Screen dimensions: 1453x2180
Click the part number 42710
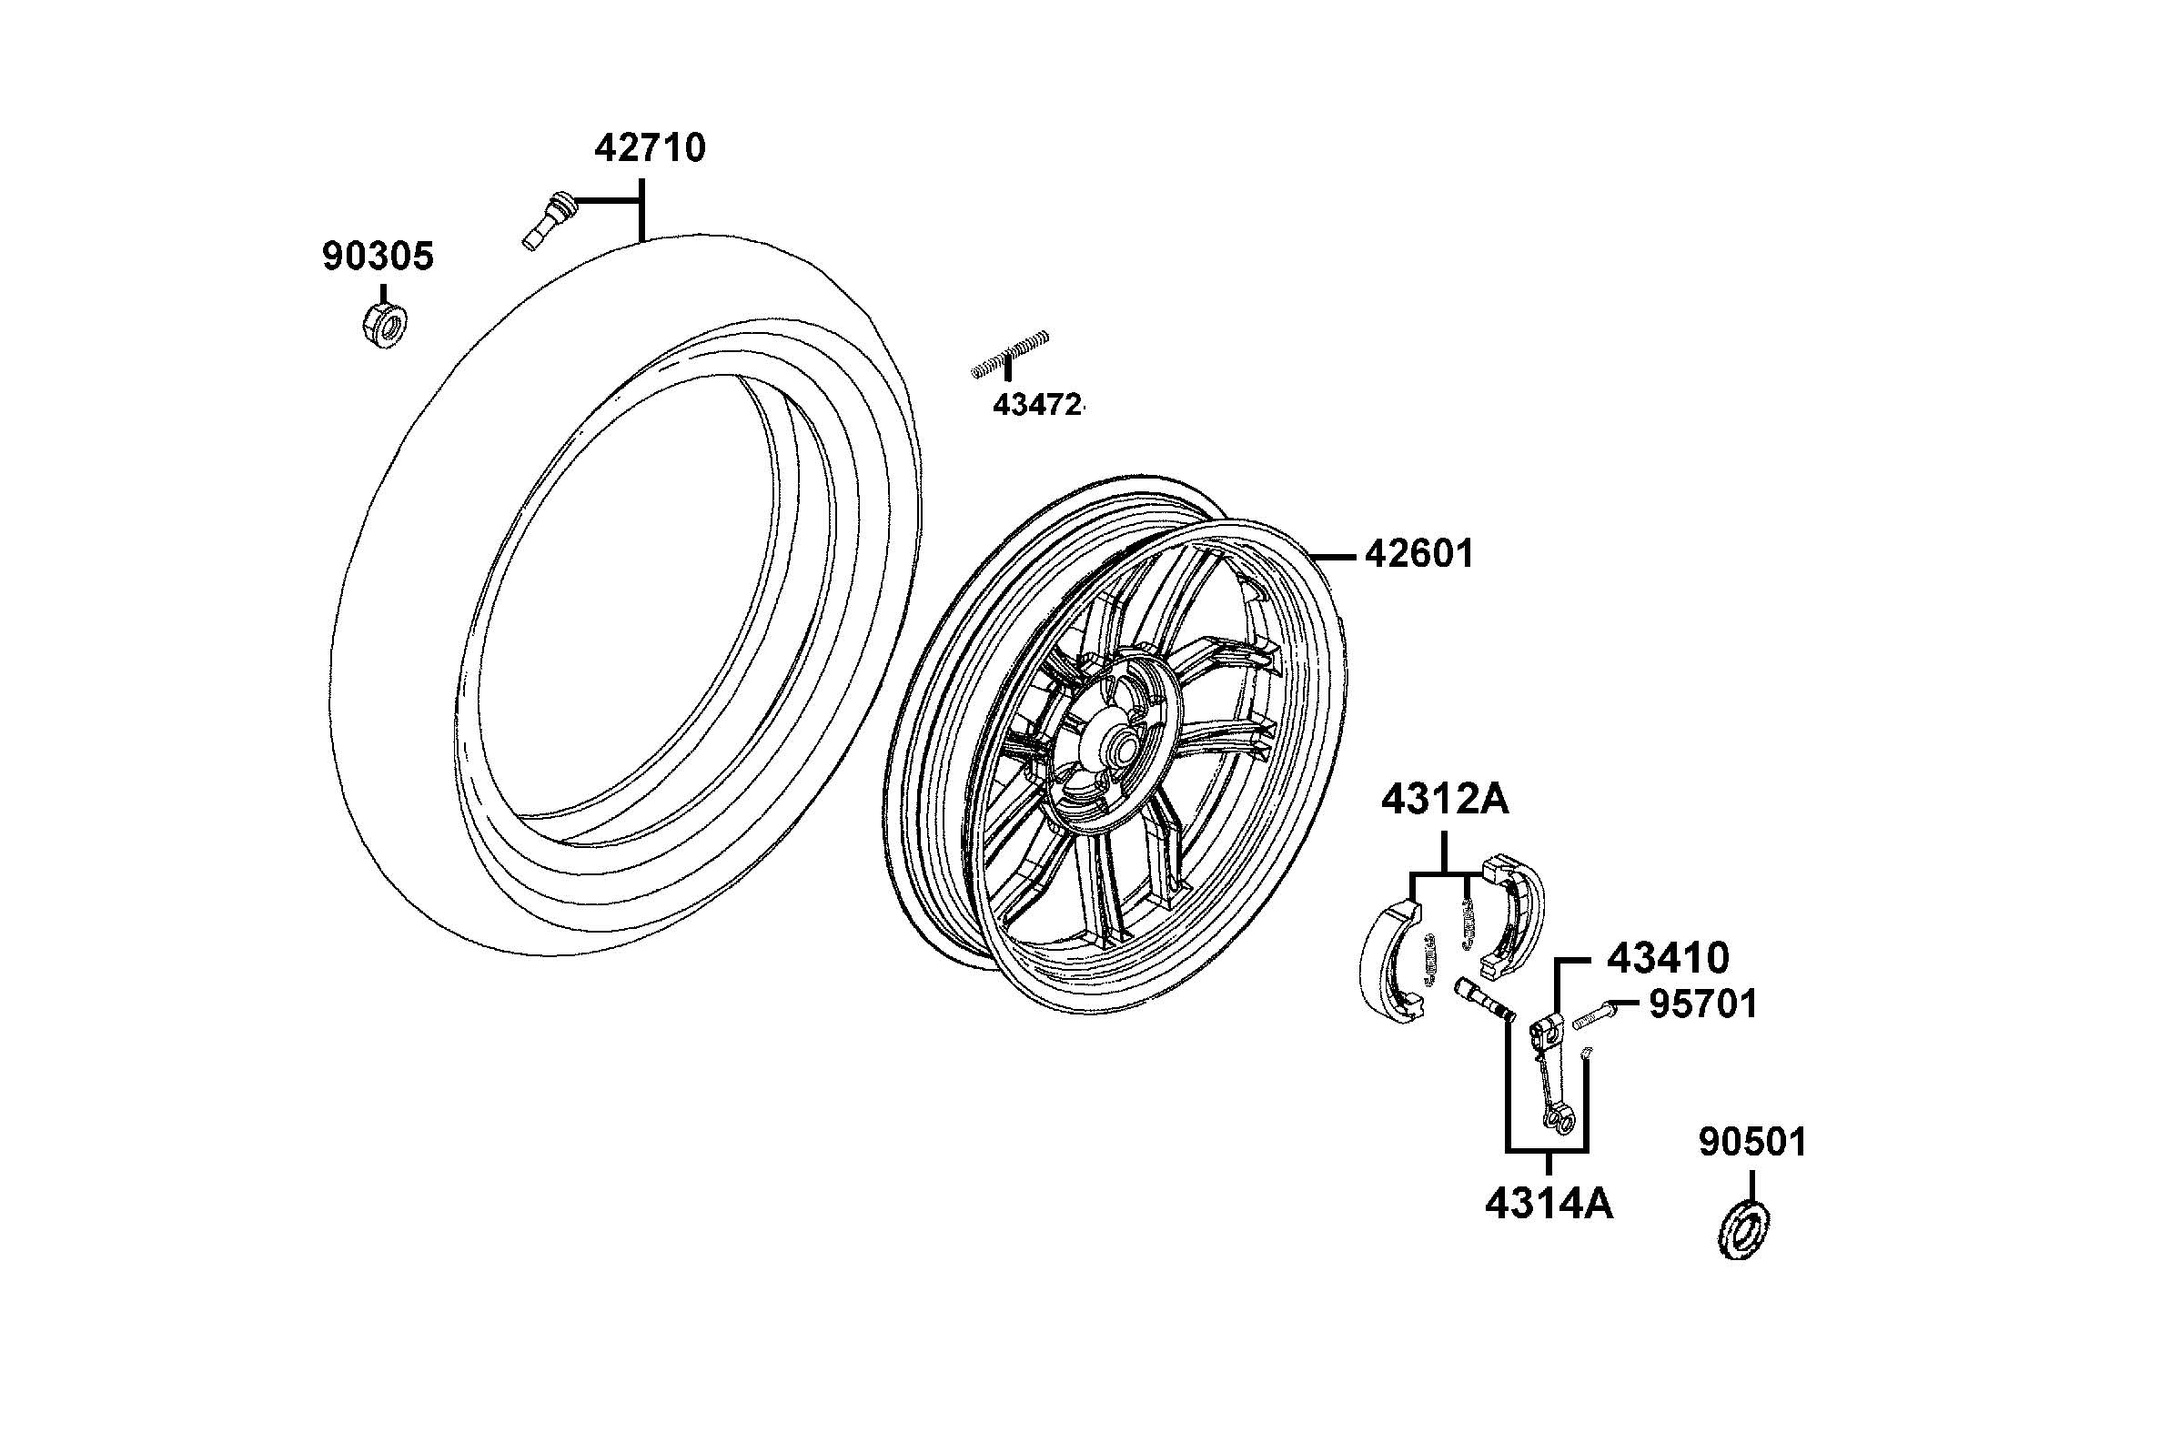(x=650, y=148)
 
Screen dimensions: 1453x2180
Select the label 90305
(x=378, y=257)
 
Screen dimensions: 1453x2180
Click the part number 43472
(x=1036, y=405)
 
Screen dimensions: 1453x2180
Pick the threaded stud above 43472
(x=1010, y=354)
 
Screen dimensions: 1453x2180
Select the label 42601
(x=1418, y=554)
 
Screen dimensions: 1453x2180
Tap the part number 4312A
(x=1444, y=800)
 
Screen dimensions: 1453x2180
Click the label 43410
(x=1668, y=958)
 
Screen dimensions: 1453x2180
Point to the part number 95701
(x=1703, y=1004)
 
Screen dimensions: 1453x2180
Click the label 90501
(x=1752, y=1143)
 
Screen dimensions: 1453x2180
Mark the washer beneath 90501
(x=1744, y=1231)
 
